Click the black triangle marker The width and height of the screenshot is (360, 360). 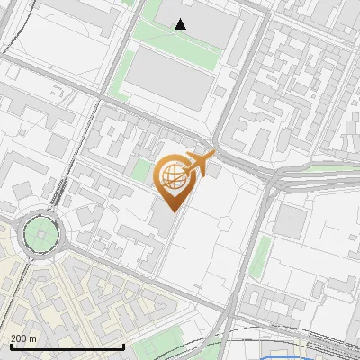tap(181, 24)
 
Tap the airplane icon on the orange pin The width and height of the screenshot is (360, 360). tap(198, 163)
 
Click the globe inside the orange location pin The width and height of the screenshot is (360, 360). tap(171, 174)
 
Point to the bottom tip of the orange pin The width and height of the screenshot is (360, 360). tap(171, 211)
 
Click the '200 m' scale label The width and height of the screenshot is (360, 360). tap(24, 337)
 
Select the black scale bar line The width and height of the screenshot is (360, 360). tap(67, 347)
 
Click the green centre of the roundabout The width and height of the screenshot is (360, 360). tap(40, 236)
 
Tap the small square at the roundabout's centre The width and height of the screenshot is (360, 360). tap(40, 236)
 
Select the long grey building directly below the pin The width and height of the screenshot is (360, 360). tap(164, 216)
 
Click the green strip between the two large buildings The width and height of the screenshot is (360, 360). tap(175, 50)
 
